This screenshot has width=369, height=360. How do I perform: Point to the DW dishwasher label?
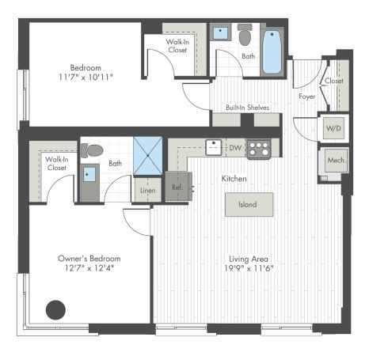(x=235, y=148)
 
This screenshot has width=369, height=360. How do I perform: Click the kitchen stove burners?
(x=257, y=148)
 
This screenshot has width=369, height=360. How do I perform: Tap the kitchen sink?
(x=214, y=147)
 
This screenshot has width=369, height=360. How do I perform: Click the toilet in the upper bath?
(x=245, y=35)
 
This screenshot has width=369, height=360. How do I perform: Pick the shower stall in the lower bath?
(x=147, y=154)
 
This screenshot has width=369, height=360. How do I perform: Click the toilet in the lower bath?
(x=92, y=150)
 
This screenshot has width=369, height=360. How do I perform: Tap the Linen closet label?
(x=147, y=190)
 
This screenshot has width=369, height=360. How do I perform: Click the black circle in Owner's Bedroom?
(x=55, y=309)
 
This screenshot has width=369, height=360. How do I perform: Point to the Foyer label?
(x=307, y=97)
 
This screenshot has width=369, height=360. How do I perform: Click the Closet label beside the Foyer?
(x=333, y=81)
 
